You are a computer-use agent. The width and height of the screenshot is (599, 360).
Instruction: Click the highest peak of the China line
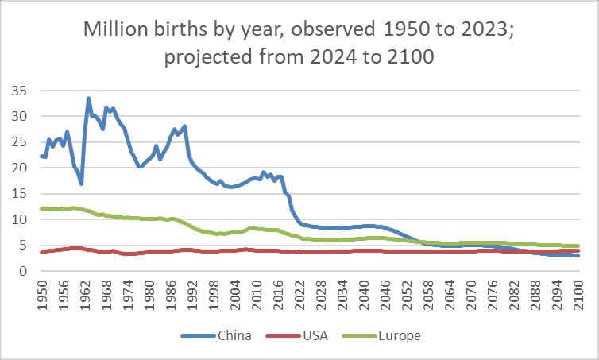(88, 99)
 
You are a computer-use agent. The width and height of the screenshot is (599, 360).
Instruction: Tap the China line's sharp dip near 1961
(81, 184)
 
